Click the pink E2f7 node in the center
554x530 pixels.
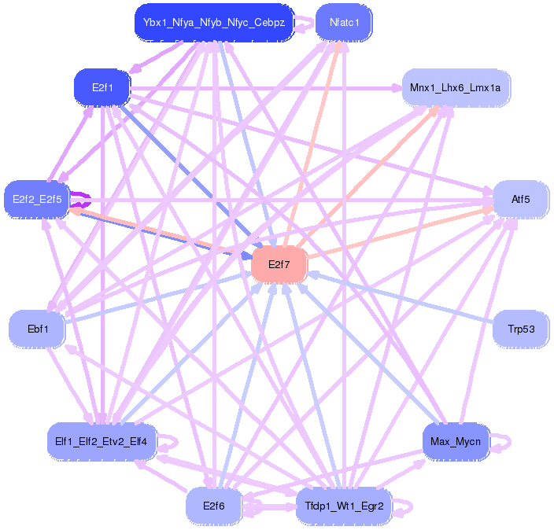click(279, 264)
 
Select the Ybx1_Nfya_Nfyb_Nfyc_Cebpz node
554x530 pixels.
click(214, 22)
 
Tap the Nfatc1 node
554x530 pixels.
click(344, 22)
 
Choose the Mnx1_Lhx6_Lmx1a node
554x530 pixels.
click(456, 87)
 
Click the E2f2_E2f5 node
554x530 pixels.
click(37, 199)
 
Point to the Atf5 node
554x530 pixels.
click(520, 199)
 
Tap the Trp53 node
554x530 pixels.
click(520, 328)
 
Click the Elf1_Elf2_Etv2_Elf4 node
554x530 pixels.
click(102, 440)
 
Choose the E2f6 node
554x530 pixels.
click(214, 506)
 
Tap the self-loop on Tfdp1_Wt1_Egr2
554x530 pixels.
click(406, 508)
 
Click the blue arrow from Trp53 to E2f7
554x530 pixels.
click(401, 296)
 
